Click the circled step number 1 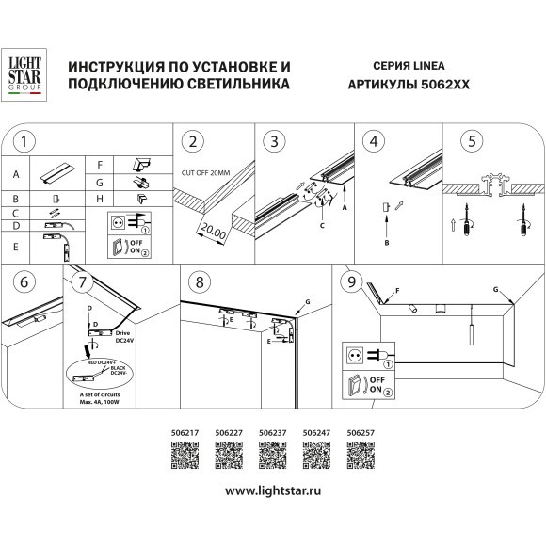coord(27,143)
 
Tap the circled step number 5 coord(471,143)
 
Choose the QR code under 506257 coord(361,457)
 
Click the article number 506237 coord(272,434)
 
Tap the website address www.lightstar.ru coord(273,491)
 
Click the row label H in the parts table coord(100,199)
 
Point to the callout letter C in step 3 coord(323,227)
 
